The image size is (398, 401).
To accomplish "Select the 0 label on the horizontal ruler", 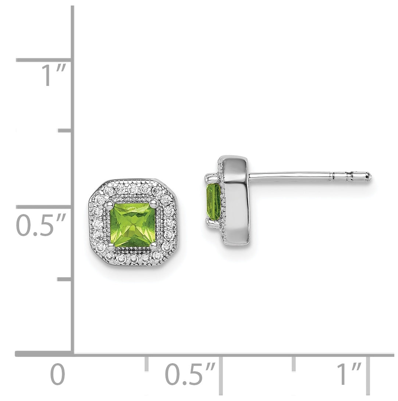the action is point(58,375).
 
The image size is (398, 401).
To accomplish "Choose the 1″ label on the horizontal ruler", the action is point(349,374).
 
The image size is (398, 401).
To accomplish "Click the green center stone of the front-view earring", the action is point(132,225).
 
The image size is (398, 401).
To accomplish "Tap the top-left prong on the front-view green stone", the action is point(110,203).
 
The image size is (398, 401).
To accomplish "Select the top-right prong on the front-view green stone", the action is point(154,203).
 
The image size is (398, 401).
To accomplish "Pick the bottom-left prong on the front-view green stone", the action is point(110,247).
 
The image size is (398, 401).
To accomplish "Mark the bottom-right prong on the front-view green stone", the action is point(154,247).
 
